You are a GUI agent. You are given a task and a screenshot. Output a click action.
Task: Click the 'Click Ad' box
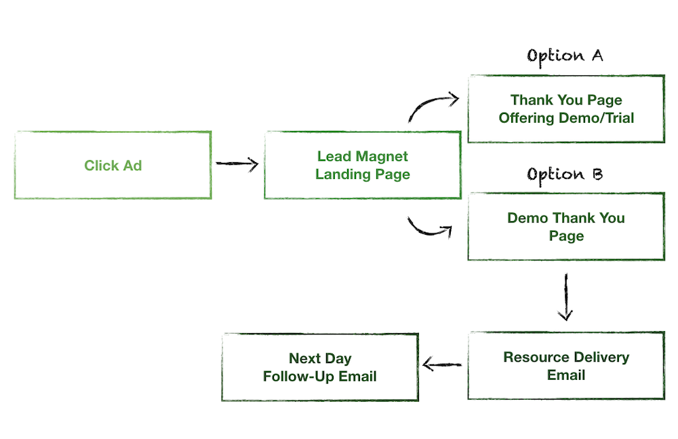[x=113, y=165]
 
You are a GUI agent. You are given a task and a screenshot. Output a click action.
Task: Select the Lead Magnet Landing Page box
[x=362, y=165]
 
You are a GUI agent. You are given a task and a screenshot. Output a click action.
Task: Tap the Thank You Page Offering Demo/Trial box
[x=566, y=109]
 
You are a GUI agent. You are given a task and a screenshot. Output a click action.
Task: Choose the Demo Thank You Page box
[x=566, y=227]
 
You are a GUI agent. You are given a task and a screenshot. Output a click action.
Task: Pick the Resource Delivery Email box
[x=566, y=366]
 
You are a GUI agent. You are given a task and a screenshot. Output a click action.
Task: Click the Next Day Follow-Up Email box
[x=320, y=367]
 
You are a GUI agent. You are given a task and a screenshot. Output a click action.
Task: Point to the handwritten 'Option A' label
[x=565, y=56]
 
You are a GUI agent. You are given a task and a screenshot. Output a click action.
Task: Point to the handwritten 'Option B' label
[x=565, y=174]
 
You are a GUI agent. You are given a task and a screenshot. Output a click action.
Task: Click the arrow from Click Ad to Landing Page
[x=237, y=164]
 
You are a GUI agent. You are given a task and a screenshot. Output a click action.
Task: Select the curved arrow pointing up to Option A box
[x=432, y=106]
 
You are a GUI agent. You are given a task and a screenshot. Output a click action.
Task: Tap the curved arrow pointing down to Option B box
[x=429, y=229]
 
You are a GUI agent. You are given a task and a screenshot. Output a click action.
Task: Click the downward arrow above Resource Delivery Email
[x=565, y=297]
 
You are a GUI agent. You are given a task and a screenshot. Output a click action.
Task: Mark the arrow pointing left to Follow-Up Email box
[x=441, y=366]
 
